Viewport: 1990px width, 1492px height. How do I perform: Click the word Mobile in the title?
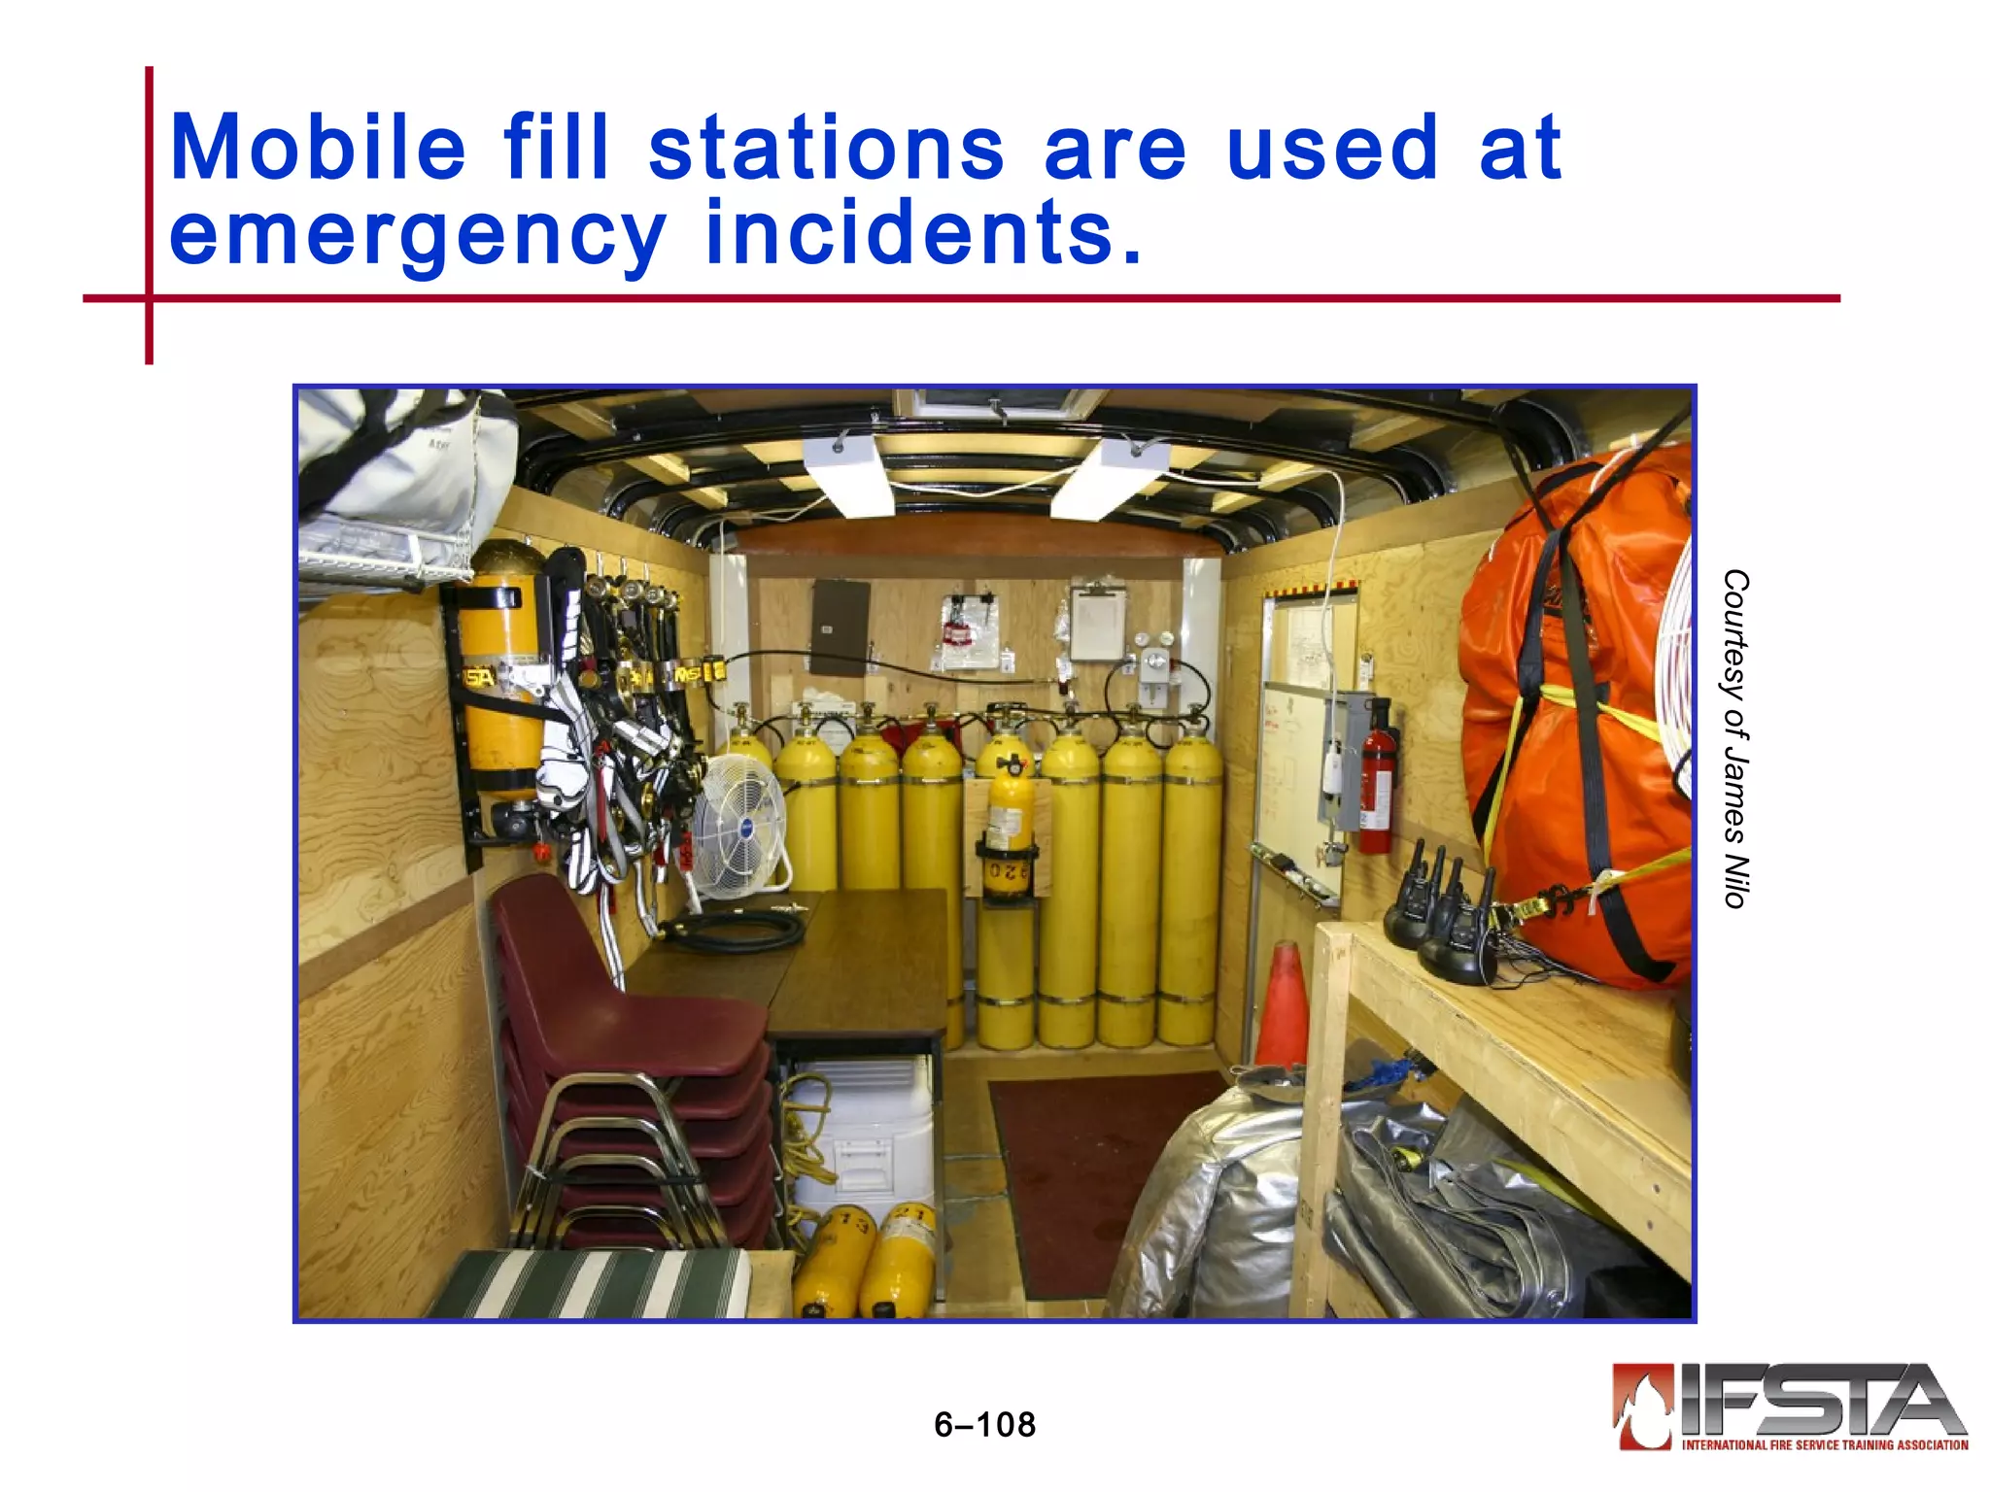[x=318, y=148]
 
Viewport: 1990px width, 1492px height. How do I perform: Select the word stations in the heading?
[x=826, y=148]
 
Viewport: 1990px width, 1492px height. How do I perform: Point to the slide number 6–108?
[x=984, y=1425]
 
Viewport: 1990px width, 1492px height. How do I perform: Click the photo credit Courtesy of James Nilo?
[x=1734, y=738]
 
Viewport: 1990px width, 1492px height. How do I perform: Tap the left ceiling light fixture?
[x=847, y=476]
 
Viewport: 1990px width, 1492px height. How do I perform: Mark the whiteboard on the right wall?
[x=1302, y=748]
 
